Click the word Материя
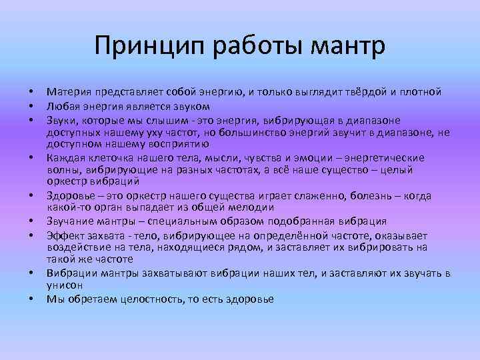(x=68, y=91)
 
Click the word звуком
(x=192, y=105)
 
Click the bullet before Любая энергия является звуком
(x=31, y=105)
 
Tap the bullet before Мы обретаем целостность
(x=31, y=299)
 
